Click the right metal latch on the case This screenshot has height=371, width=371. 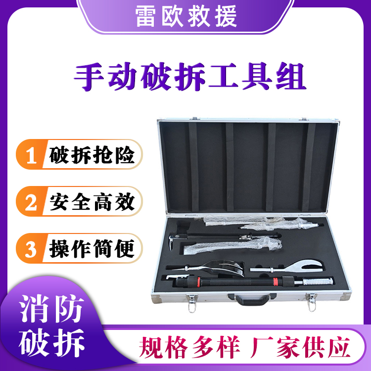coord(311,300)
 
